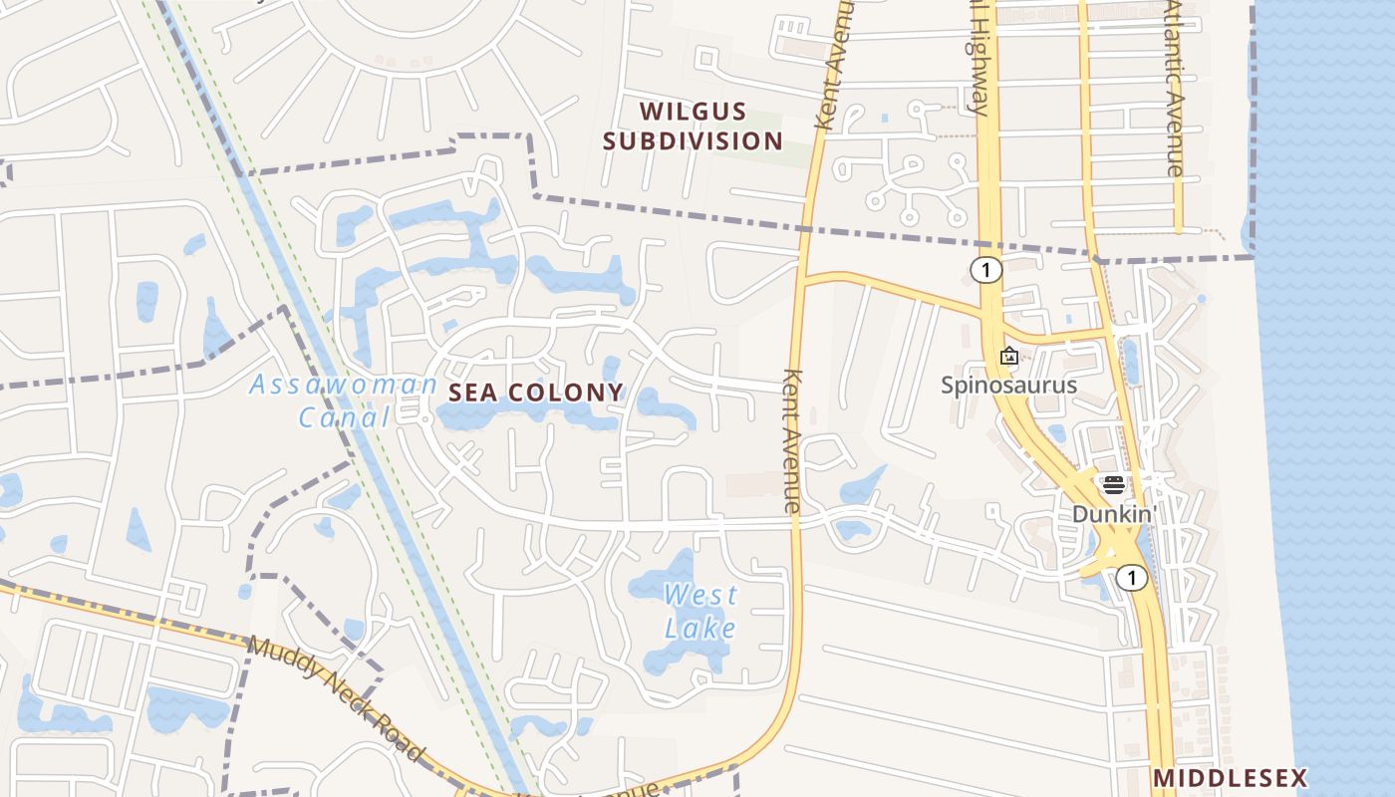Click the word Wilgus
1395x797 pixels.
[693, 111]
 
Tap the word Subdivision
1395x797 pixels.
[693, 140]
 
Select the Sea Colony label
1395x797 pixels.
[536, 393]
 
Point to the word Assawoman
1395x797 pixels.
[343, 385]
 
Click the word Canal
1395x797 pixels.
[345, 417]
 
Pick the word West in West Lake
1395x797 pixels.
[700, 596]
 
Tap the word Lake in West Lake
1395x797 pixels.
[700, 628]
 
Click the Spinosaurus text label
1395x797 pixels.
[1008, 385]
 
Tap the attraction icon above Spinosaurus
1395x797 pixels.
[1008, 356]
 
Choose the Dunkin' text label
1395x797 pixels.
[1113, 514]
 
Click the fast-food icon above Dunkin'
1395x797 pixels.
[1113, 485]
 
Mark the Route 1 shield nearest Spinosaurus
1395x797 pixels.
[985, 269]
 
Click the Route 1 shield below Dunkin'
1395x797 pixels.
[1131, 577]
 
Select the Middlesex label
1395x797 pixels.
[1229, 777]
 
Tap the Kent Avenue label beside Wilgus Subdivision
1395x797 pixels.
[834, 65]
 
